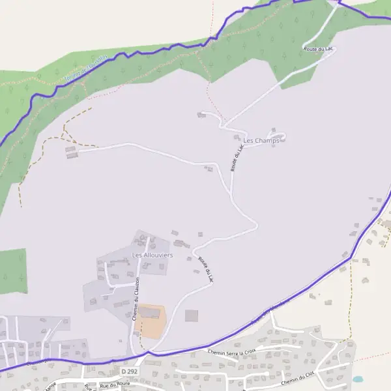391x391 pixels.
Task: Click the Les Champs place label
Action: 261,140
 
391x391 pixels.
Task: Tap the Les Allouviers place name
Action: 152,255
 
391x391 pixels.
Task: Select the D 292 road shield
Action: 128,371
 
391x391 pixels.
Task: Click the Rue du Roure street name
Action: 115,384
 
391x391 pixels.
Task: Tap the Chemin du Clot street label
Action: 298,380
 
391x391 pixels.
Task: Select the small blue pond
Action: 357,379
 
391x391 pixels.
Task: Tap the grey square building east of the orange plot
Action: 191,315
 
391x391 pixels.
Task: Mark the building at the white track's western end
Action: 71,152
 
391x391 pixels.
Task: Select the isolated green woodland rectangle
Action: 13,270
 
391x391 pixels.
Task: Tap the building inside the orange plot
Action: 151,313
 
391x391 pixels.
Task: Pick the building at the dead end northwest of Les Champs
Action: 201,115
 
